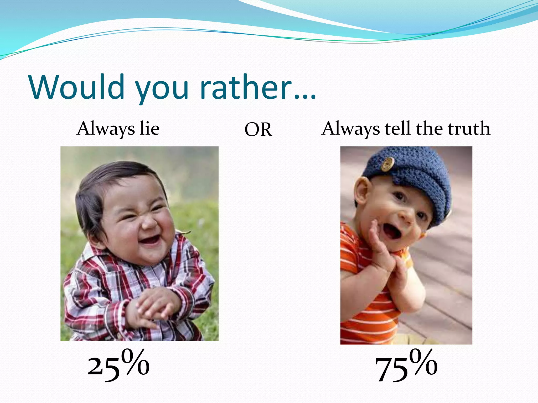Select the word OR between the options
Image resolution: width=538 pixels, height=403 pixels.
pos(258,130)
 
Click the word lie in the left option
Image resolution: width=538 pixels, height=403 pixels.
pos(149,129)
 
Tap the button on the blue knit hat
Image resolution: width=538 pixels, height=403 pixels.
pos(387,164)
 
